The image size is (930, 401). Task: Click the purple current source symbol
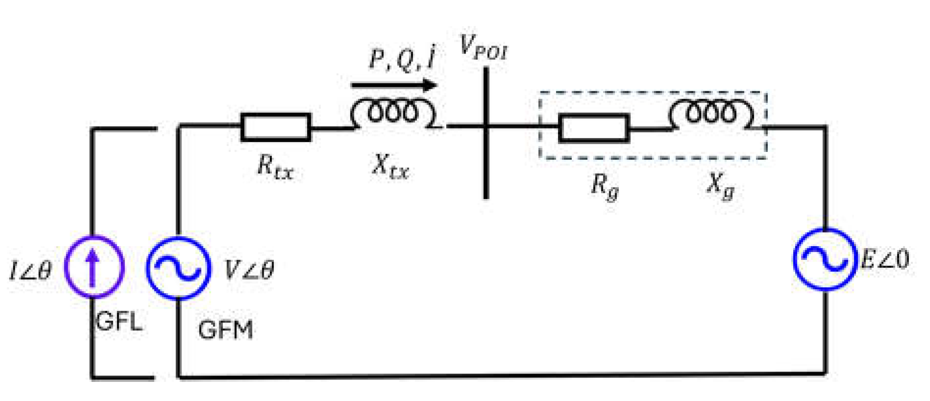point(94,267)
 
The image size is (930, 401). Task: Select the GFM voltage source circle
point(179,268)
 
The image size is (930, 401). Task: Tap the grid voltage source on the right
point(825,259)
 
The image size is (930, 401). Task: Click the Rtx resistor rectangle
point(276,127)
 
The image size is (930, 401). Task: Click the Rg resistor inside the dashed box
point(594,128)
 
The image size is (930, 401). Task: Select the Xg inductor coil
point(711,113)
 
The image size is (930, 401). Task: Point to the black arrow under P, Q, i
point(394,85)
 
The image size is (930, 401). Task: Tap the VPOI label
point(483,48)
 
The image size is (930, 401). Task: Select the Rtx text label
point(275,168)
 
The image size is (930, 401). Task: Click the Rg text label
point(605,187)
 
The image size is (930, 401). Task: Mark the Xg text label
point(720,186)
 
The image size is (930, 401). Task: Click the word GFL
point(119,322)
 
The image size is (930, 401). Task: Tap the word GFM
point(226,330)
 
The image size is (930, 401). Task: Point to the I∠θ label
point(30,270)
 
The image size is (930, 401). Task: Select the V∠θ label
point(249,270)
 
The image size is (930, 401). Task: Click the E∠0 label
point(885,259)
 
